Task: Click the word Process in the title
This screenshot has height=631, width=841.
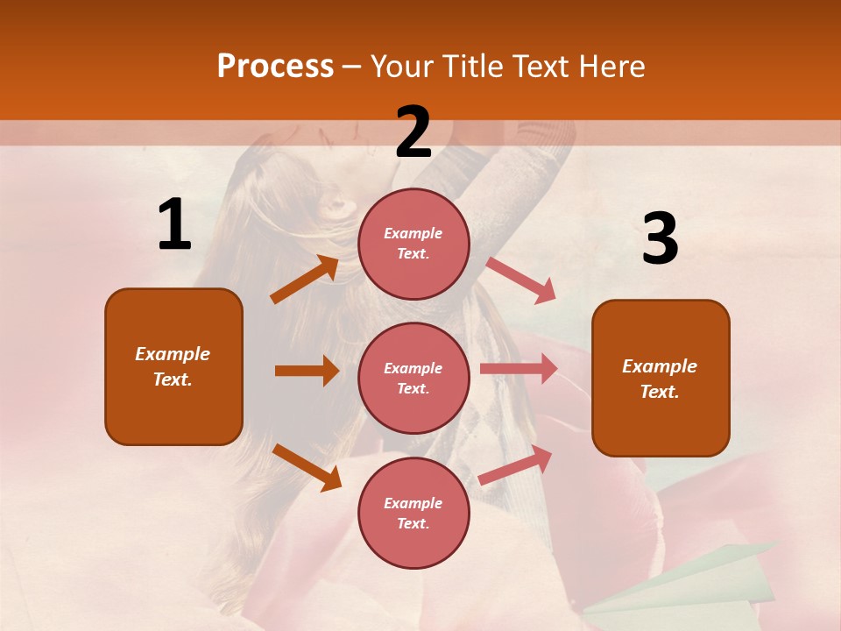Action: pos(275,67)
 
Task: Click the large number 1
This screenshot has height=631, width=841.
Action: pos(174,225)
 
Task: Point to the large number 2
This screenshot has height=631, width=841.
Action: pos(413,132)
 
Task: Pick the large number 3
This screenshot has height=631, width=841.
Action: pos(660,239)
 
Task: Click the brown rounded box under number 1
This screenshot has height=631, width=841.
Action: pos(173,366)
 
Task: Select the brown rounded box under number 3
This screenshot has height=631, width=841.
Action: pos(661,379)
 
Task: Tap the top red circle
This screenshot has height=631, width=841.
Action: pos(413,244)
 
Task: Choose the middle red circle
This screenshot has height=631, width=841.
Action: pos(413,379)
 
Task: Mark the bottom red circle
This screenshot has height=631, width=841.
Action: pos(413,514)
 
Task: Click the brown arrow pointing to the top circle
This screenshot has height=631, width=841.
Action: pos(305,280)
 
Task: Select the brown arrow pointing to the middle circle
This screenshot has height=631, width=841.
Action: pos(307,371)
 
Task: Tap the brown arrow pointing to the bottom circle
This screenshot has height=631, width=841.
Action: pos(307,466)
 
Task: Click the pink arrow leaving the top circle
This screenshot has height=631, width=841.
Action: pos(521,280)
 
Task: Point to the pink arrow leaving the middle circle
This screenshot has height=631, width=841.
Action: pos(519,369)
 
